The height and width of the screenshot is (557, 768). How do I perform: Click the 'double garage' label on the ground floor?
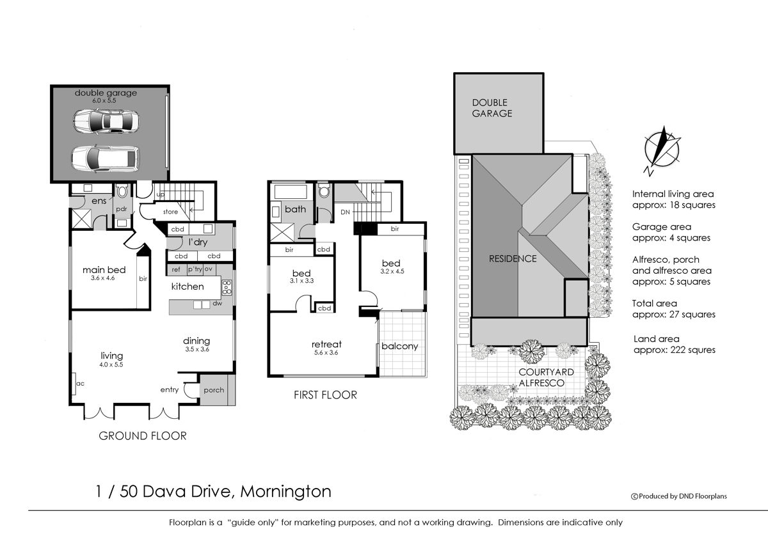[x=106, y=93]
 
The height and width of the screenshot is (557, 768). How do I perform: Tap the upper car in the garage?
[x=106, y=121]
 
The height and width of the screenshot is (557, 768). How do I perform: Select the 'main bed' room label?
[x=104, y=270]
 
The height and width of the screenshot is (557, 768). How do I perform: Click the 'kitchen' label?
[x=188, y=286]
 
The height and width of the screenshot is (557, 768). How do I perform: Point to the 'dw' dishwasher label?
[x=218, y=303]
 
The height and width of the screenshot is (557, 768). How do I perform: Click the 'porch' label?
[x=214, y=390]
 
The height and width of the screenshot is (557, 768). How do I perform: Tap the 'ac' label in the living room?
[x=80, y=383]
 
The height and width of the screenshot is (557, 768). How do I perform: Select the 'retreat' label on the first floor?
[x=326, y=344]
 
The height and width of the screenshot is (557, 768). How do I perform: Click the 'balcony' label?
[x=399, y=347]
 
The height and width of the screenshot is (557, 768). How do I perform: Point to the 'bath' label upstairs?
[x=295, y=209]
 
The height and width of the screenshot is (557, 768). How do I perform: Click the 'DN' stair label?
[x=345, y=212]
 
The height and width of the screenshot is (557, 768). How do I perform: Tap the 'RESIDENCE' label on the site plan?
[x=513, y=258]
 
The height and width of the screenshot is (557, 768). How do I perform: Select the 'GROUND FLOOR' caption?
[x=143, y=435]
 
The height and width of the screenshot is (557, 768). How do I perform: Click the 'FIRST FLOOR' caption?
[x=325, y=395]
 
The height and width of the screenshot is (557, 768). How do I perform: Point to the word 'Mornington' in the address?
[x=285, y=491]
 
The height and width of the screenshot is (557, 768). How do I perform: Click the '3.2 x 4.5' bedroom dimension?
[x=392, y=271]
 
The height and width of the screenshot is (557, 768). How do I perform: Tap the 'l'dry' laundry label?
[x=198, y=242]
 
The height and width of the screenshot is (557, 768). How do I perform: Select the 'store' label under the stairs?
[x=170, y=212]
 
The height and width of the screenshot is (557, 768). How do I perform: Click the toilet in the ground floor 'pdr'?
[x=122, y=191]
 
